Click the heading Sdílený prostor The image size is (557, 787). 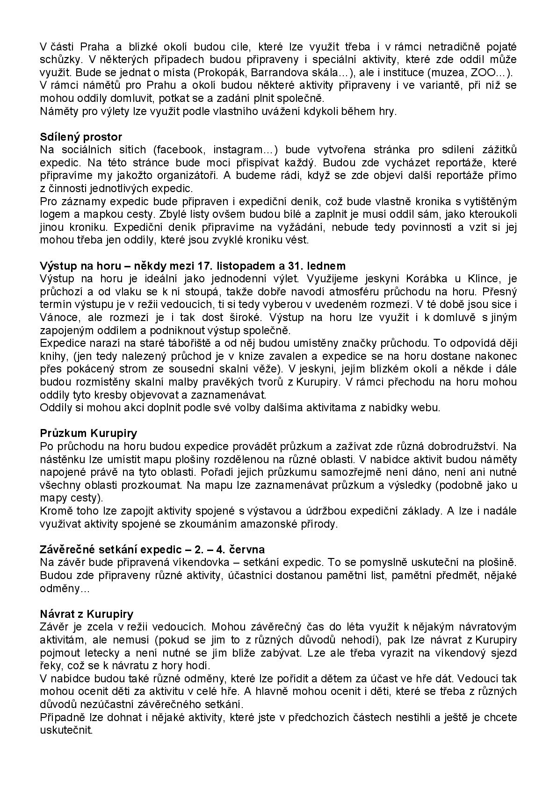point(81,137)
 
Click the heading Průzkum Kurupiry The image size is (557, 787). point(89,433)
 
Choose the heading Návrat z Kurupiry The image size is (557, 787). point(87,614)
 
